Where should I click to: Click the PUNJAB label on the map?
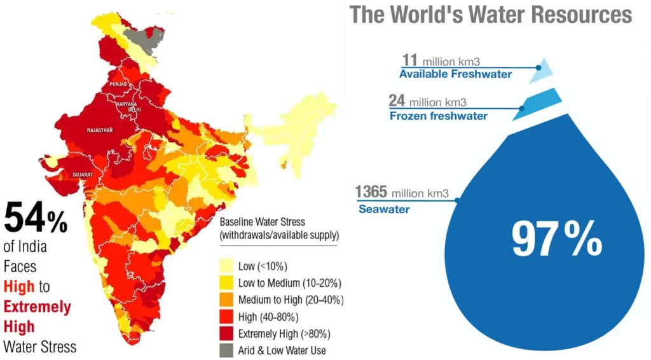pos(119,84)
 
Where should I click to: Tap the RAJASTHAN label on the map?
pos(99,130)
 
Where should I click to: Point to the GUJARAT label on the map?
pos(83,174)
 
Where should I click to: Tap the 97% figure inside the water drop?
pos(557,240)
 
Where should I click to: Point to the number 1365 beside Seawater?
pos(371,191)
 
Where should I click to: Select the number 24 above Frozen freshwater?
pos(397,101)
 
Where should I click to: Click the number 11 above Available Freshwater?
pos(409,60)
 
